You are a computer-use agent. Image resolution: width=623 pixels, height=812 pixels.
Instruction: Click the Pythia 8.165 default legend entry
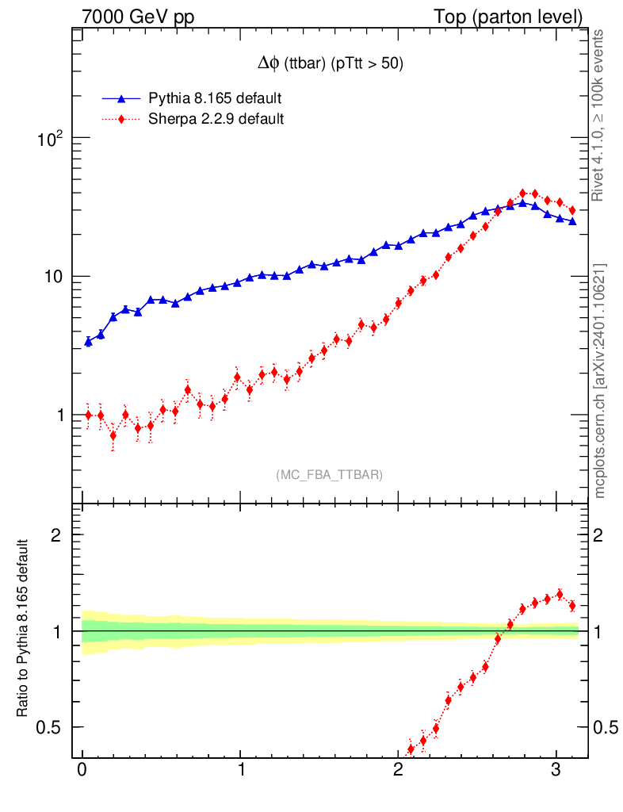[x=215, y=99]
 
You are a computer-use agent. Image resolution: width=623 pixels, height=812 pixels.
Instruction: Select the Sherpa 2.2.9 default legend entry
[x=216, y=120]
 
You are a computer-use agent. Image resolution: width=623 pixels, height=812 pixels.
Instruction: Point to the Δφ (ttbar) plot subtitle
[x=327, y=65]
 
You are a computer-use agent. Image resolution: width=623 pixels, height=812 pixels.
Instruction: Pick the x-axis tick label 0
[x=82, y=769]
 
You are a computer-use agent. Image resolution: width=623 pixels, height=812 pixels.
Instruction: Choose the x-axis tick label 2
[x=398, y=769]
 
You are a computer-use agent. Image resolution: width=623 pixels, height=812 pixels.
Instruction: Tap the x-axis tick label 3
[x=556, y=769]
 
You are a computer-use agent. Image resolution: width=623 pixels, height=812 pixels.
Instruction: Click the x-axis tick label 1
[x=240, y=769]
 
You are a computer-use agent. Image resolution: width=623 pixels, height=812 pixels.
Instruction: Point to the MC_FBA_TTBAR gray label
[x=329, y=475]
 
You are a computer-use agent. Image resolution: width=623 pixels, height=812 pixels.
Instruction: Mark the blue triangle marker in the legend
[x=121, y=99]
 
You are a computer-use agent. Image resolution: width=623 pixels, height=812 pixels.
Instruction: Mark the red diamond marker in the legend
[x=121, y=120]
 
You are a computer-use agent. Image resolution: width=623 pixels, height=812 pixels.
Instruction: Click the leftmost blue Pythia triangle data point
[x=88, y=342]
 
